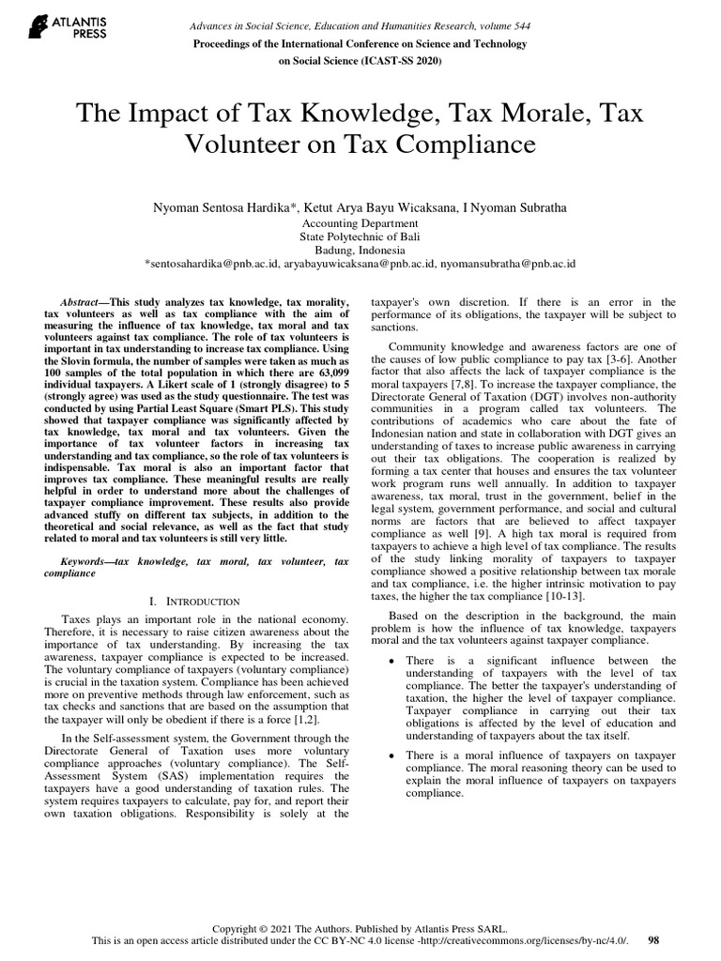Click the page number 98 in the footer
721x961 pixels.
pyautogui.click(x=654, y=939)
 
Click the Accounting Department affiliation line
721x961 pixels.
pyautogui.click(x=360, y=223)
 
